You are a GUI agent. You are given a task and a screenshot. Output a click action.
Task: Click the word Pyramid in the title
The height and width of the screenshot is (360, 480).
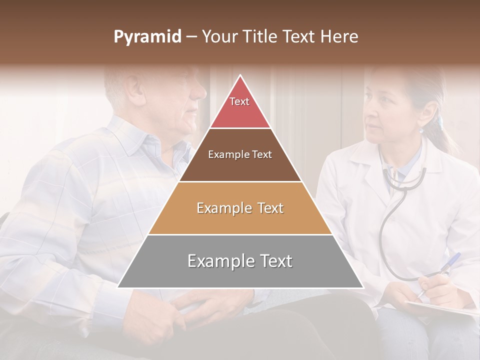point(147,37)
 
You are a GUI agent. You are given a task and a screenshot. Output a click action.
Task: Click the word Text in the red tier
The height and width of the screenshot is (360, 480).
point(239,101)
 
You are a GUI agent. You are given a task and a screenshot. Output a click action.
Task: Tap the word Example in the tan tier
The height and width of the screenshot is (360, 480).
point(221,208)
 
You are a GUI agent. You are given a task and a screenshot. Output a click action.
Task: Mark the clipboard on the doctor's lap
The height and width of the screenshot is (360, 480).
point(440,307)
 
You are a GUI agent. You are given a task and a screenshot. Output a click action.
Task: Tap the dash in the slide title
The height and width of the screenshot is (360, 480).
point(191,37)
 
